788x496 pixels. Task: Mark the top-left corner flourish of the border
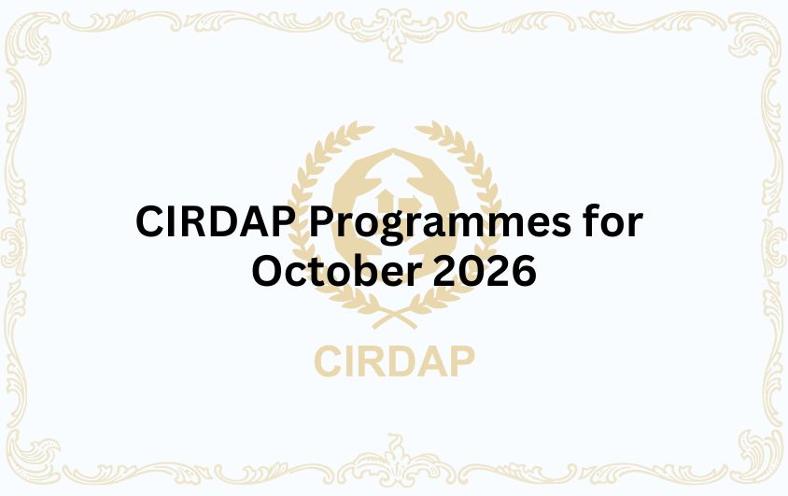[x=37, y=37]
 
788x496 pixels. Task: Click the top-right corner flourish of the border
[x=751, y=37]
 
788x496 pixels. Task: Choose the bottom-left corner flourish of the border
[x=37, y=459]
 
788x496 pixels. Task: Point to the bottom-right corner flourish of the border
[x=751, y=459]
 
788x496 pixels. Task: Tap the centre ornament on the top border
[x=394, y=23]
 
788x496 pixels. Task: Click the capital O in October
[x=269, y=271]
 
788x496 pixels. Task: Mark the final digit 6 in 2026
[x=523, y=271]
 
